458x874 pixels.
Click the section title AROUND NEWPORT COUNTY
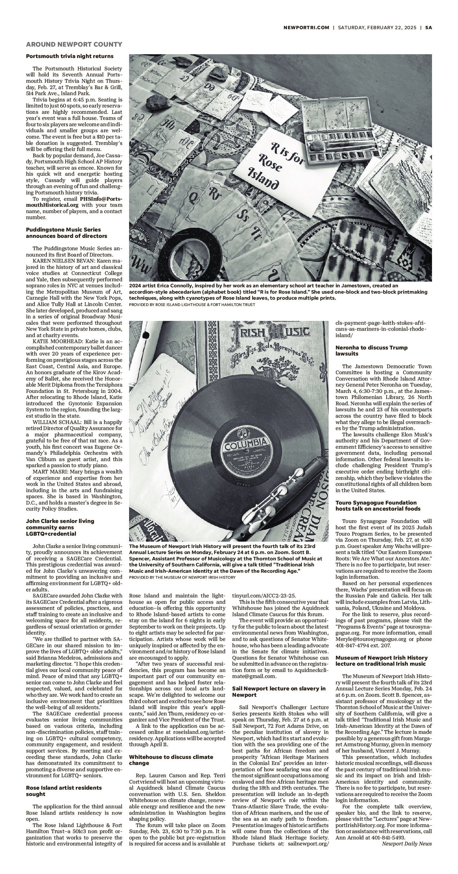click(74, 44)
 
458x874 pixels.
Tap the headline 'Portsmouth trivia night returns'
click(69, 56)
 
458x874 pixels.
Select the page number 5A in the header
click(429, 28)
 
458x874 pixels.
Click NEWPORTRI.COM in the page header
click(306, 28)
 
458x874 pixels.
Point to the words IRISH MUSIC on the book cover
click(269, 332)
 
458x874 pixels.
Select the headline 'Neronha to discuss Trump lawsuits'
click(371, 350)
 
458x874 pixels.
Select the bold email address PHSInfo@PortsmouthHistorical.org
click(74, 202)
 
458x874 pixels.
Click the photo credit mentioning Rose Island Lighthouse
click(192, 305)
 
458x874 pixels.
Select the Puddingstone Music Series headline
click(67, 233)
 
